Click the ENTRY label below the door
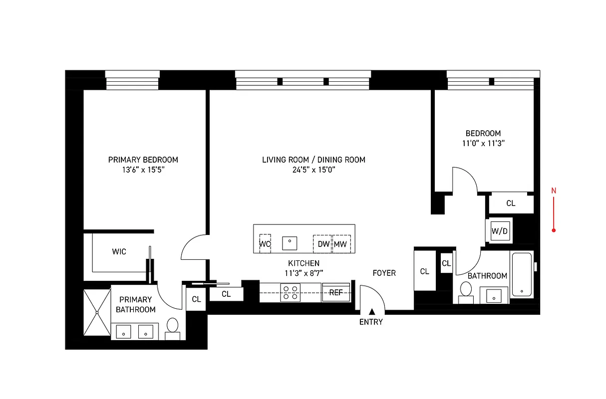371,322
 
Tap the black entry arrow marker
371,312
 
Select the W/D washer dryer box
499,231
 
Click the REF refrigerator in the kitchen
336,293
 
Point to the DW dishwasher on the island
322,244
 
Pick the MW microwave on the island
341,244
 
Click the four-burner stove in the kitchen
291,293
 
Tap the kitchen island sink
290,243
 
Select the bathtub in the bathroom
522,275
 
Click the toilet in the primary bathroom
173,327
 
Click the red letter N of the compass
553,190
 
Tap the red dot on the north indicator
554,230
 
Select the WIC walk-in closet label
119,252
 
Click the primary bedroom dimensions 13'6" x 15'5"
143,170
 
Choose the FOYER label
384,273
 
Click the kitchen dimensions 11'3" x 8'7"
303,273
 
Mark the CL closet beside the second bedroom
511,203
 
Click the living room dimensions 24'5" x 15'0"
313,170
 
